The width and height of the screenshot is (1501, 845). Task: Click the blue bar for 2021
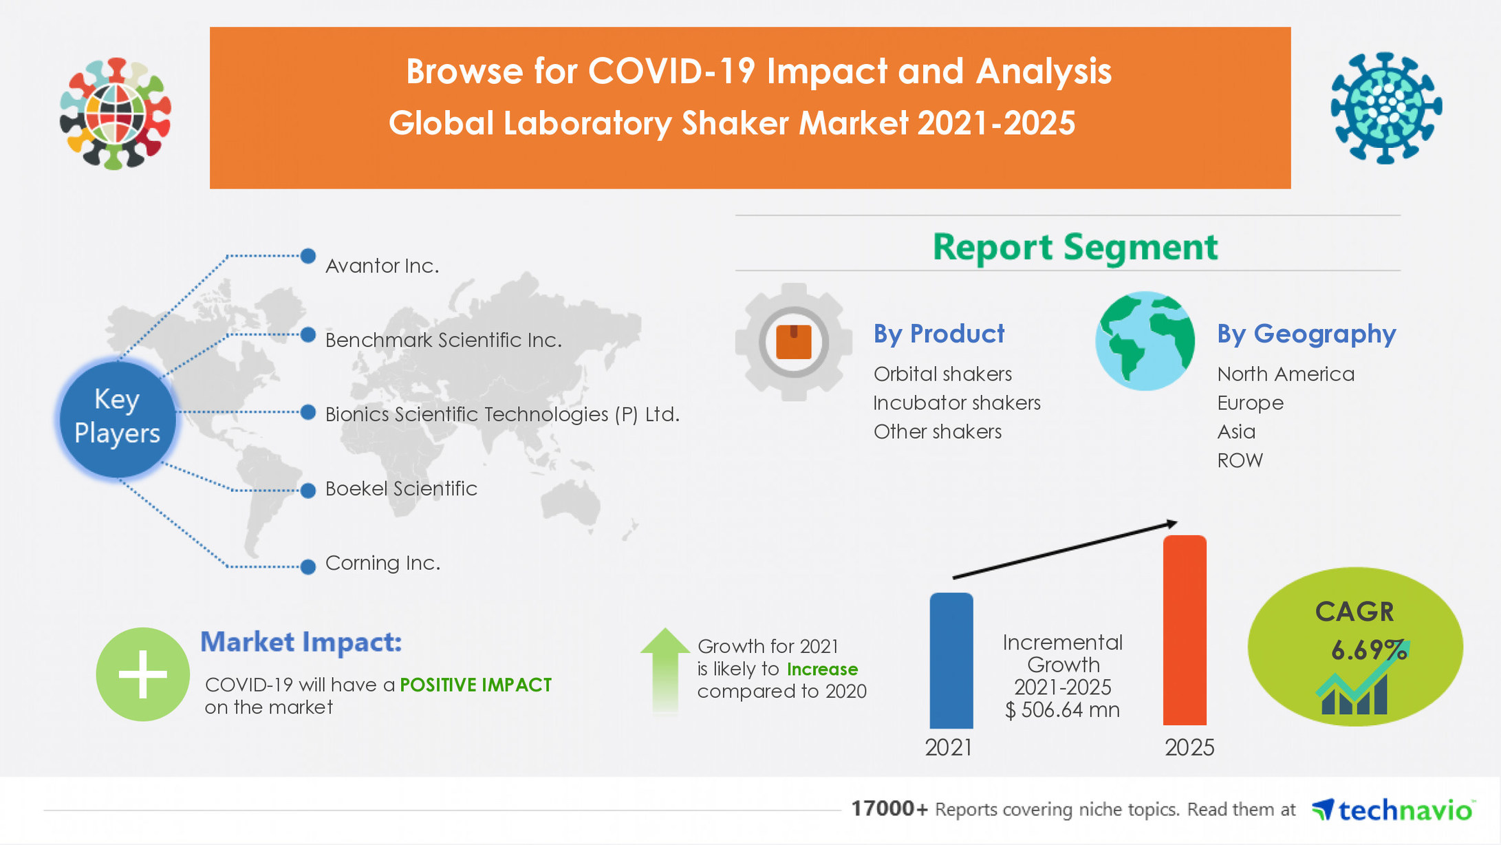click(951, 661)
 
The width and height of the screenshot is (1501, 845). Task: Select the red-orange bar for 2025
click(1184, 630)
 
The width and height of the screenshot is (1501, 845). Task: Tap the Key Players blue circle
click(117, 417)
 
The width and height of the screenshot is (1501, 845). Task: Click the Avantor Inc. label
click(382, 266)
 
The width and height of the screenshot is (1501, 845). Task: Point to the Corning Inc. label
click(382, 563)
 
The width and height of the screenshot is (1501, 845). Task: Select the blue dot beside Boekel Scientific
click(308, 490)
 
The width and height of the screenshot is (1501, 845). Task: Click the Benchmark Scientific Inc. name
click(443, 340)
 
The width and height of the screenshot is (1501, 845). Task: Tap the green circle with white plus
click(142, 674)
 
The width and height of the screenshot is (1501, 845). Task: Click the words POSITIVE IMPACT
click(475, 685)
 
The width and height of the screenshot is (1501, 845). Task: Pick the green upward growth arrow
click(665, 667)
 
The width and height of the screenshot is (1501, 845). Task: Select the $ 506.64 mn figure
click(1062, 709)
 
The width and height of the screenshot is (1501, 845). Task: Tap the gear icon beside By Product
click(793, 342)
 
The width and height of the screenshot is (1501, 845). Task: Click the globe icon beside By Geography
click(1145, 341)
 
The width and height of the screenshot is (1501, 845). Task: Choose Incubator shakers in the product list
click(956, 403)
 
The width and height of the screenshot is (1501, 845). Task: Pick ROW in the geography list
click(1240, 460)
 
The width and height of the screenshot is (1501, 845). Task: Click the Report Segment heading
click(1075, 246)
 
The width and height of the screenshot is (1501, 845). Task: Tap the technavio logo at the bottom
click(1392, 810)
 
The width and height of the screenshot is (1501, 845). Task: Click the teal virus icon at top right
click(1385, 108)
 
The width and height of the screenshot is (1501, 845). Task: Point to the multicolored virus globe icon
click(116, 114)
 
